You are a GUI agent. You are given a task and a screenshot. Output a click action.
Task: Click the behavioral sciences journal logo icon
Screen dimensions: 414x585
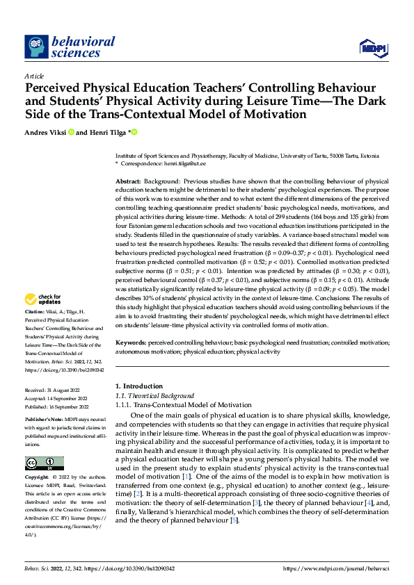[35, 47]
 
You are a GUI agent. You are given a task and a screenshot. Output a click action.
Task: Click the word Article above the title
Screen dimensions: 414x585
[34, 76]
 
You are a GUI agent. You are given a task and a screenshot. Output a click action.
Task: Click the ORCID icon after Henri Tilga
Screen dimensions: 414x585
[134, 132]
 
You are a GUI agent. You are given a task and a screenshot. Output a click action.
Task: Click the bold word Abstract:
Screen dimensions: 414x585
[129, 181]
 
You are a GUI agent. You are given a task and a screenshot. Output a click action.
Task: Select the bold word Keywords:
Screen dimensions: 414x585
[130, 343]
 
